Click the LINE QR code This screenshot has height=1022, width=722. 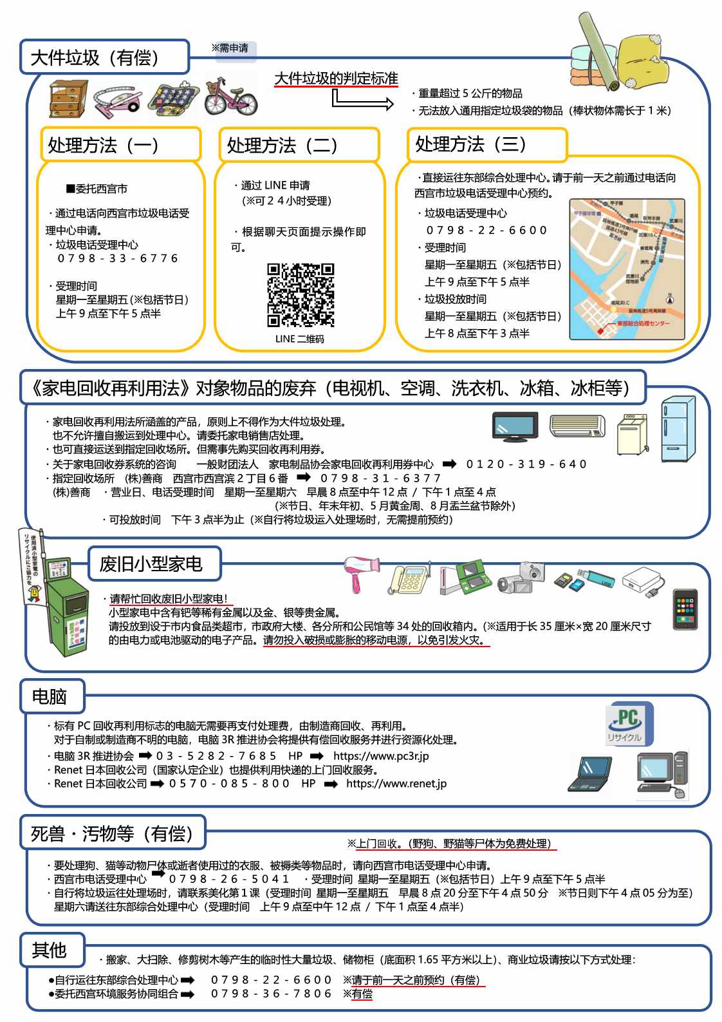click(x=301, y=295)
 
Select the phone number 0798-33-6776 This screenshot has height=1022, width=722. click(x=118, y=258)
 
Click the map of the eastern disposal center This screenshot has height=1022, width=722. click(x=627, y=269)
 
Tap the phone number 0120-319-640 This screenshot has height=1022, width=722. click(x=526, y=464)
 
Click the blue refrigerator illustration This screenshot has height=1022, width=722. click(x=678, y=429)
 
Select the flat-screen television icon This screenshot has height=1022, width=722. click(x=515, y=427)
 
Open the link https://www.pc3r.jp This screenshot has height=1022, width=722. click(x=381, y=756)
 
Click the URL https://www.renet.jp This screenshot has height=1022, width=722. click(x=396, y=784)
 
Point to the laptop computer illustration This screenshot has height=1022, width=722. click(x=590, y=773)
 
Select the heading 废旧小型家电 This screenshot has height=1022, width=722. click(x=151, y=564)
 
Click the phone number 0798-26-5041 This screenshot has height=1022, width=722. click(x=229, y=879)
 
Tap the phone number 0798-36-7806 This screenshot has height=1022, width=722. click(x=271, y=994)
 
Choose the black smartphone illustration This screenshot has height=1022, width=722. click(x=685, y=609)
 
